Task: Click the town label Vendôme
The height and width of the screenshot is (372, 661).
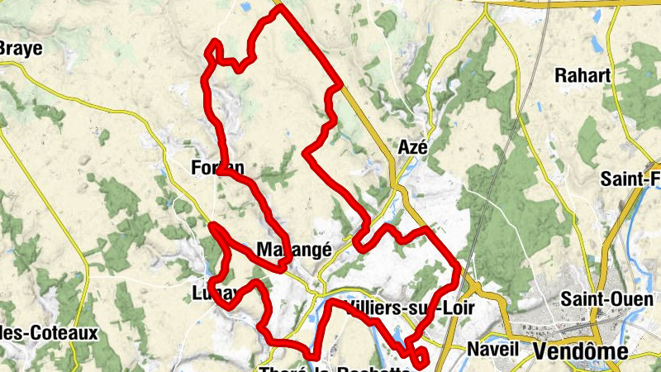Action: point(580,352)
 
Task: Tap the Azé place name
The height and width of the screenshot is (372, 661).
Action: point(412,147)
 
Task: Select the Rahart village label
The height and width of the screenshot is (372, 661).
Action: point(583,76)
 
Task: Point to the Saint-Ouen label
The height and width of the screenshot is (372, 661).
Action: point(596,298)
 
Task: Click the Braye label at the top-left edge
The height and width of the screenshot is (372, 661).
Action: point(20,48)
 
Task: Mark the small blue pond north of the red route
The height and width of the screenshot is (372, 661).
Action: point(245,7)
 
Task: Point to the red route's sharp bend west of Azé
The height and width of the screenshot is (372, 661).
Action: point(307,152)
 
